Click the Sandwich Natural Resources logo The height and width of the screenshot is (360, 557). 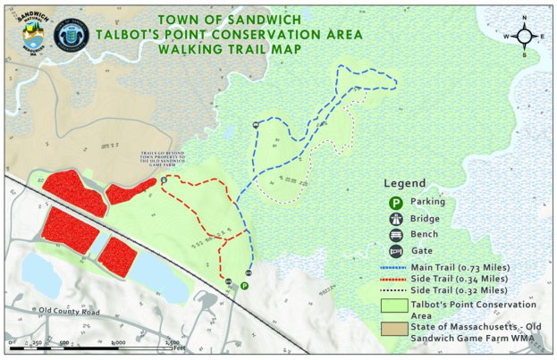click(30, 35)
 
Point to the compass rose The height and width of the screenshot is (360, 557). click(524, 37)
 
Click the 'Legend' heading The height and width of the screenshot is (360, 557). click(405, 182)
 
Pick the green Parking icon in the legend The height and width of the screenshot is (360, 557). click(394, 202)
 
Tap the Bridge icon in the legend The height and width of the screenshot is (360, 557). click(394, 219)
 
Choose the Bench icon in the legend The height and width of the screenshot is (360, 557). click(394, 236)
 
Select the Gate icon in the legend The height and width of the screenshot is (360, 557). click(394, 253)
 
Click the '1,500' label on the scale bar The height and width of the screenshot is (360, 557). click(172, 341)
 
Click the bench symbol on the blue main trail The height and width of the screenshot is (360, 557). click(256, 125)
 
